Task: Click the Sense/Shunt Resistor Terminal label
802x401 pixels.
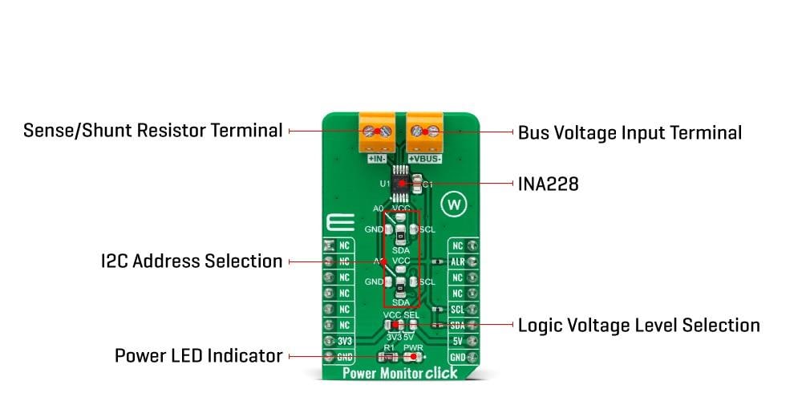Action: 152,130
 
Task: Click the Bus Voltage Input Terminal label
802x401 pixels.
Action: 630,132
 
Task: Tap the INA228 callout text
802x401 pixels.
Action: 548,184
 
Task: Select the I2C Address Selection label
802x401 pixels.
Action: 191,261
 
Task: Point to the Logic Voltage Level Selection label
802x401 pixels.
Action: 638,325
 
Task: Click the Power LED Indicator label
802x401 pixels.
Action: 198,355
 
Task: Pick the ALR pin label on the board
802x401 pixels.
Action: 458,261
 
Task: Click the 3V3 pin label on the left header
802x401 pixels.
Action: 343,341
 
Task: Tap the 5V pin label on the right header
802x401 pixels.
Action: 458,341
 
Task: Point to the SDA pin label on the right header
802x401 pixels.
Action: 458,325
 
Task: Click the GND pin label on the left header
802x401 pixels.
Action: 343,357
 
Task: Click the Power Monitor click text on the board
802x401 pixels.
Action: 400,373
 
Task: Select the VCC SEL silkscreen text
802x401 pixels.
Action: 401,315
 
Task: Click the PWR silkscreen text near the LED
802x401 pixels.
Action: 412,346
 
